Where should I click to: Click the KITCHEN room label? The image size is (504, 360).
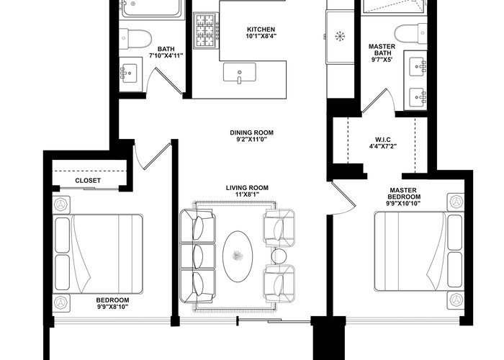click(261, 30)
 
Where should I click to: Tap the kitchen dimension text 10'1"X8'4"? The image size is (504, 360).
click(261, 36)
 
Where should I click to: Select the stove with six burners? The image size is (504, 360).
click(206, 30)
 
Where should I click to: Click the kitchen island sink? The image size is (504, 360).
click(240, 73)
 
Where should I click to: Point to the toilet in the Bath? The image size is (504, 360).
click(135, 38)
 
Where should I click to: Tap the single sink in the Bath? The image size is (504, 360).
click(129, 73)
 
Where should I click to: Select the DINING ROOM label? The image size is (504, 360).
click(251, 132)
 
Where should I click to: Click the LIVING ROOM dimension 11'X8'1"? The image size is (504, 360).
click(247, 194)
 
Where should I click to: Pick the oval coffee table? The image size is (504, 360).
click(238, 256)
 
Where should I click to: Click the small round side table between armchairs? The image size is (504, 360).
click(279, 256)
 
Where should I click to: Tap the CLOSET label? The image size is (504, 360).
click(88, 181)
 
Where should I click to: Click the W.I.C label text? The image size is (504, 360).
click(383, 140)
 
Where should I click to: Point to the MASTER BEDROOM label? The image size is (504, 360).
click(404, 194)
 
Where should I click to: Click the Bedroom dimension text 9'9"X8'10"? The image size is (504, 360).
click(112, 307)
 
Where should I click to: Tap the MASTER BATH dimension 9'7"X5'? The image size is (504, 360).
click(382, 60)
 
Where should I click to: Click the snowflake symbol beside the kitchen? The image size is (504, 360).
click(340, 36)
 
